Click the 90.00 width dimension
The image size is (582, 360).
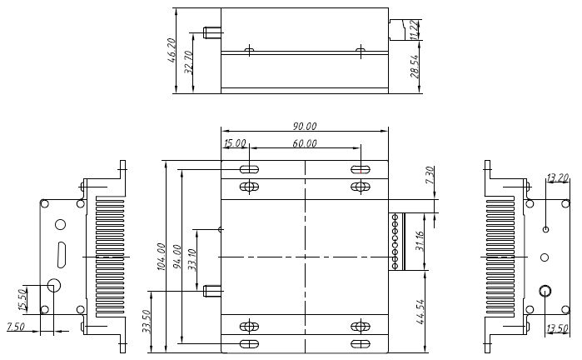pos(304,126)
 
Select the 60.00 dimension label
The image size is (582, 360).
pos(304,143)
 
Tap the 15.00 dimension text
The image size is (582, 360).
pos(235,143)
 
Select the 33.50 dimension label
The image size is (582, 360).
pos(147,321)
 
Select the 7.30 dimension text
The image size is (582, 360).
pos(430,176)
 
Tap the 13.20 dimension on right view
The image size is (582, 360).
pos(557,177)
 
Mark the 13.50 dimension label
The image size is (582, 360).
pos(557,327)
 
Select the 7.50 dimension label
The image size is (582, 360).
pos(16,326)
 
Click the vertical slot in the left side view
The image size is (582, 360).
pos(61,254)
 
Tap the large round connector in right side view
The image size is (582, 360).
pos(545,291)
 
